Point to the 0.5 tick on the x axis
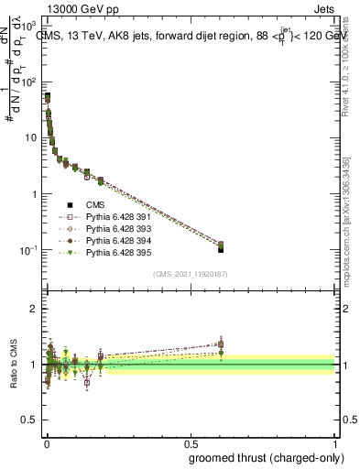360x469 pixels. tap(191, 442)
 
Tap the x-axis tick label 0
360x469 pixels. tap(47, 442)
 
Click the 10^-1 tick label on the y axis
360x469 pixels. tap(27, 250)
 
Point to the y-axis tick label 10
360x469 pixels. tap(30, 138)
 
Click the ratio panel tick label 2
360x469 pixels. tap(35, 309)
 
